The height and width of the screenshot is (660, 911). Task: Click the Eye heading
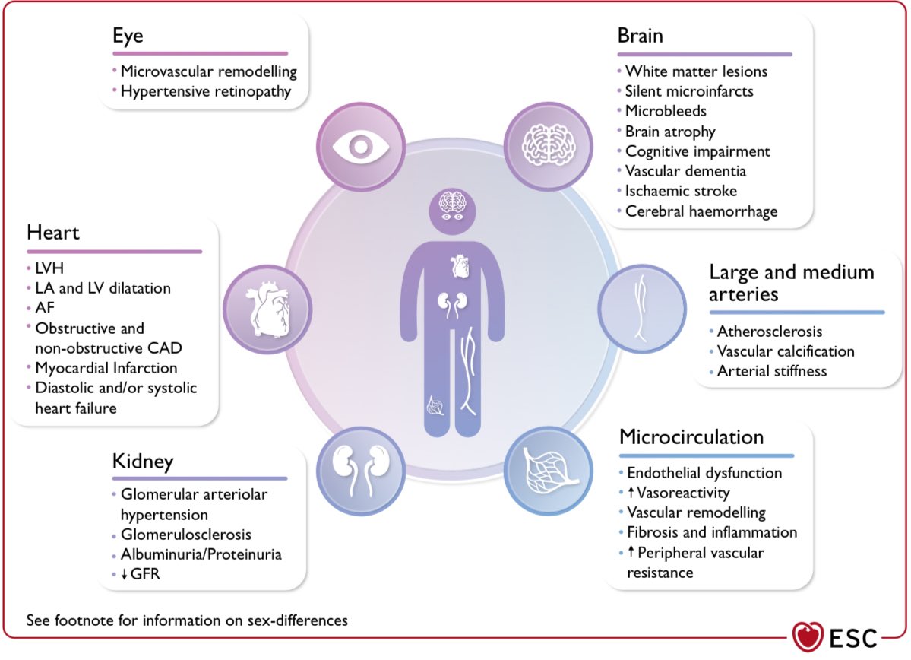(x=128, y=36)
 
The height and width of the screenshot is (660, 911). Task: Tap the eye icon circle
(x=361, y=147)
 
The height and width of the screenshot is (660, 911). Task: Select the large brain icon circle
(x=549, y=147)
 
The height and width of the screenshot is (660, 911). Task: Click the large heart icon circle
(x=268, y=309)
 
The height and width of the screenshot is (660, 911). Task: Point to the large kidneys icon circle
(x=361, y=471)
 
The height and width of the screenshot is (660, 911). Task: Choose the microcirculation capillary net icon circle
(x=549, y=471)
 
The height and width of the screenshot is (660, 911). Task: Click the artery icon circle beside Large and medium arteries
(x=642, y=309)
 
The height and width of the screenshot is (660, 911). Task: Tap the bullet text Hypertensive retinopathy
(x=206, y=92)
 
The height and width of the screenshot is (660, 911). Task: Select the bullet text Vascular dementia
(x=685, y=171)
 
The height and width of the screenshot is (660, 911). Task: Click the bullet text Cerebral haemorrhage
(x=701, y=211)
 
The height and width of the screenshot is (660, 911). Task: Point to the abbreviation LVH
(x=49, y=268)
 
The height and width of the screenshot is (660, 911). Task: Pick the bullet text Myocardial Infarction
(x=106, y=368)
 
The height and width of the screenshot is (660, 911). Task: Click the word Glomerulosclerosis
(x=186, y=535)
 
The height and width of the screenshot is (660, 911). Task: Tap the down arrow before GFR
(x=124, y=575)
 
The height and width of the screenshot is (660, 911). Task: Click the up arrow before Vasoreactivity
(x=631, y=493)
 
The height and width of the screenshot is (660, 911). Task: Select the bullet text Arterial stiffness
(x=771, y=371)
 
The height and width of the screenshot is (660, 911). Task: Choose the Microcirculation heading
(x=691, y=437)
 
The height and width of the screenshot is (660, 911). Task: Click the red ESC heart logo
(x=808, y=636)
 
